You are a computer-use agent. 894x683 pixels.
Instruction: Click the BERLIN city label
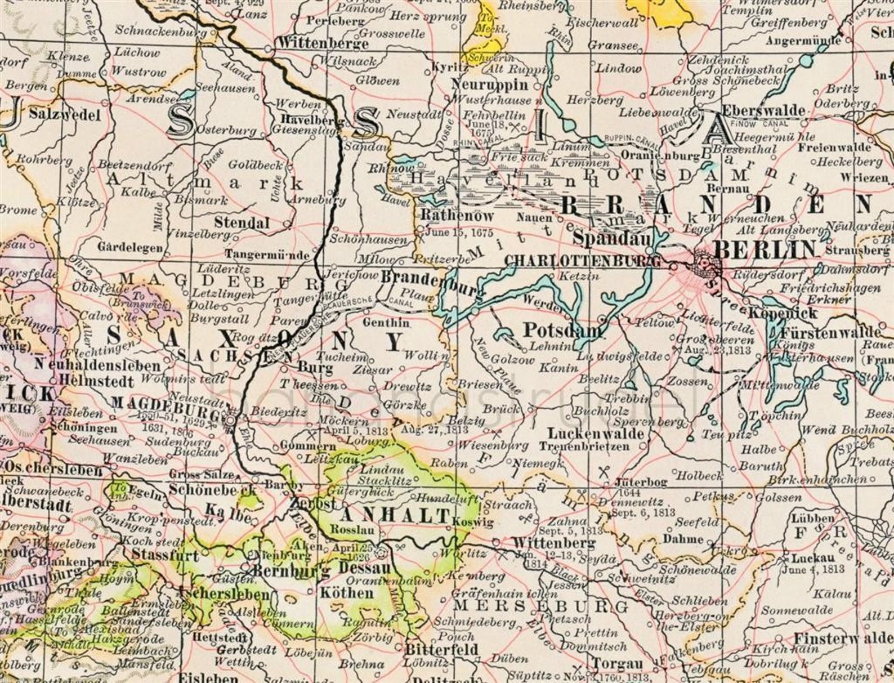(x=763, y=248)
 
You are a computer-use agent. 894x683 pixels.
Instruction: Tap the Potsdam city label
(x=562, y=330)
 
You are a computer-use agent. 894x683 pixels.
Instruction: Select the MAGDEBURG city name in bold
(x=166, y=402)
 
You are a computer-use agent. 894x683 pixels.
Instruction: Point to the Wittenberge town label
(x=323, y=43)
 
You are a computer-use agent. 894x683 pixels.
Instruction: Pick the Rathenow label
(x=457, y=216)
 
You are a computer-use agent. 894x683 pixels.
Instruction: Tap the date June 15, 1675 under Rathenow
(x=459, y=233)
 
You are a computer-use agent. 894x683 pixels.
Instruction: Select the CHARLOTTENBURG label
(x=582, y=261)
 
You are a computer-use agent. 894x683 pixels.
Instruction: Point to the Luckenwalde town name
(x=596, y=434)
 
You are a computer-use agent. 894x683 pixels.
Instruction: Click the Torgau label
(x=616, y=663)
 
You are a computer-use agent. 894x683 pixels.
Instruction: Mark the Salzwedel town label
(x=64, y=115)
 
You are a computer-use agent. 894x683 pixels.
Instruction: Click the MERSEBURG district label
(x=540, y=606)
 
